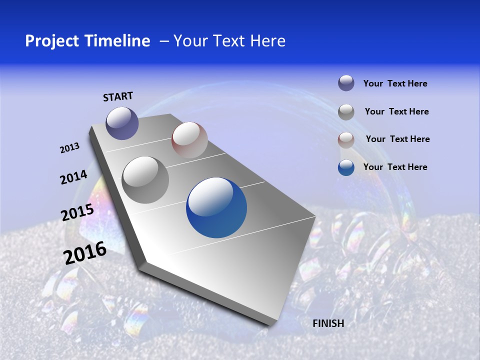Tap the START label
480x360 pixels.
pyautogui.click(x=118, y=96)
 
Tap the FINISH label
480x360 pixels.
pyautogui.click(x=328, y=323)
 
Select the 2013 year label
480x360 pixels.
pyautogui.click(x=69, y=148)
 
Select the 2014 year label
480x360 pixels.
pyautogui.click(x=73, y=177)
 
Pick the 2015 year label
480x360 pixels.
pyautogui.click(x=77, y=212)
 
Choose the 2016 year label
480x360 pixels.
pyautogui.click(x=85, y=252)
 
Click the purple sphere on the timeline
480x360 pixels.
pyautogui.click(x=122, y=123)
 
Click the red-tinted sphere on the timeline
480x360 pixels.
pyautogui.click(x=189, y=140)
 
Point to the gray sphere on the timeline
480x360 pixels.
pyautogui.click(x=145, y=180)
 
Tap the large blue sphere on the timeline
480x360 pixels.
pyautogui.click(x=216, y=207)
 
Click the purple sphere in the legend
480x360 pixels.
pyautogui.click(x=346, y=83)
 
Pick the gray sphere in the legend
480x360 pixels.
pyautogui.click(x=346, y=112)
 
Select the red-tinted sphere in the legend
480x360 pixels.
pyautogui.click(x=346, y=140)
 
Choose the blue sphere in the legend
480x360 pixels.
pyautogui.click(x=346, y=167)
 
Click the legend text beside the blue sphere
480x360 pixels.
pyautogui.click(x=395, y=167)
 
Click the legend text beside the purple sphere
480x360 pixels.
pyautogui.click(x=395, y=83)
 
